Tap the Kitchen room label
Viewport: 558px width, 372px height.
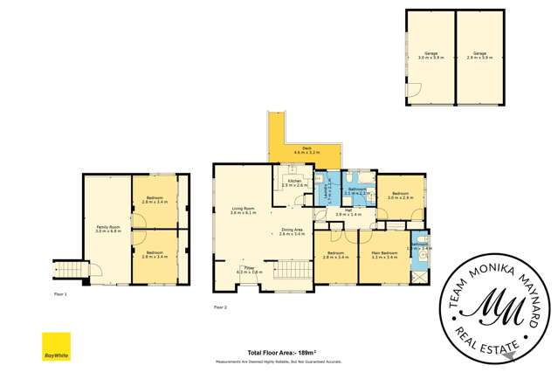(294, 183)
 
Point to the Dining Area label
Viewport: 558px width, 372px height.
(293, 231)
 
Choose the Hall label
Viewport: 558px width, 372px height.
(348, 212)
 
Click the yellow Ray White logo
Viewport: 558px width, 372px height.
(57, 346)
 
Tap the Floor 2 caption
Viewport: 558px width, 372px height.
(220, 307)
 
